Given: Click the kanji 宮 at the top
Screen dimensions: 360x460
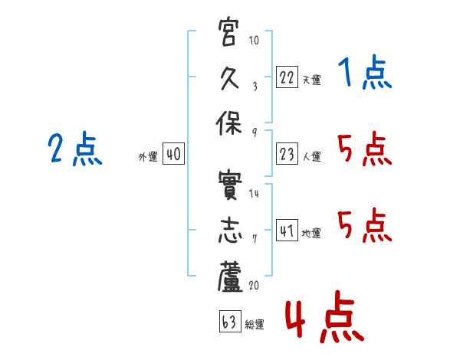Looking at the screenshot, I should pyautogui.click(x=229, y=32).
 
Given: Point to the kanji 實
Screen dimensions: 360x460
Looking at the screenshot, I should pyautogui.click(x=229, y=185).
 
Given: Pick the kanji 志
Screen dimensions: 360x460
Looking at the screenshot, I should pyautogui.click(x=229, y=231).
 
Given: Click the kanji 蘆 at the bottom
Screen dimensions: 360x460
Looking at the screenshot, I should pyautogui.click(x=229, y=277).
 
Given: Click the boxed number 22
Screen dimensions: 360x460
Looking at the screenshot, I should pyautogui.click(x=287, y=77).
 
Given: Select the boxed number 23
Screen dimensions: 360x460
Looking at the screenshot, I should pyautogui.click(x=287, y=155).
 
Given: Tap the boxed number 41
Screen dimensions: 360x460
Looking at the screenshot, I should pyautogui.click(x=287, y=231).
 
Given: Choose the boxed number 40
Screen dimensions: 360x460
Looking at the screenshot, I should pyautogui.click(x=173, y=155).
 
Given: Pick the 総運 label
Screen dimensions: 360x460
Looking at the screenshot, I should pyautogui.click(x=255, y=324).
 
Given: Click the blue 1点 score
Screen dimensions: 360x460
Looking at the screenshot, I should pyautogui.click(x=364, y=74).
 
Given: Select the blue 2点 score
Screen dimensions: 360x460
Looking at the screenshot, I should pyautogui.click(x=75, y=149).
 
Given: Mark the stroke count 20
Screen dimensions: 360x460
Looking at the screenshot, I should pyautogui.click(x=254, y=285).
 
